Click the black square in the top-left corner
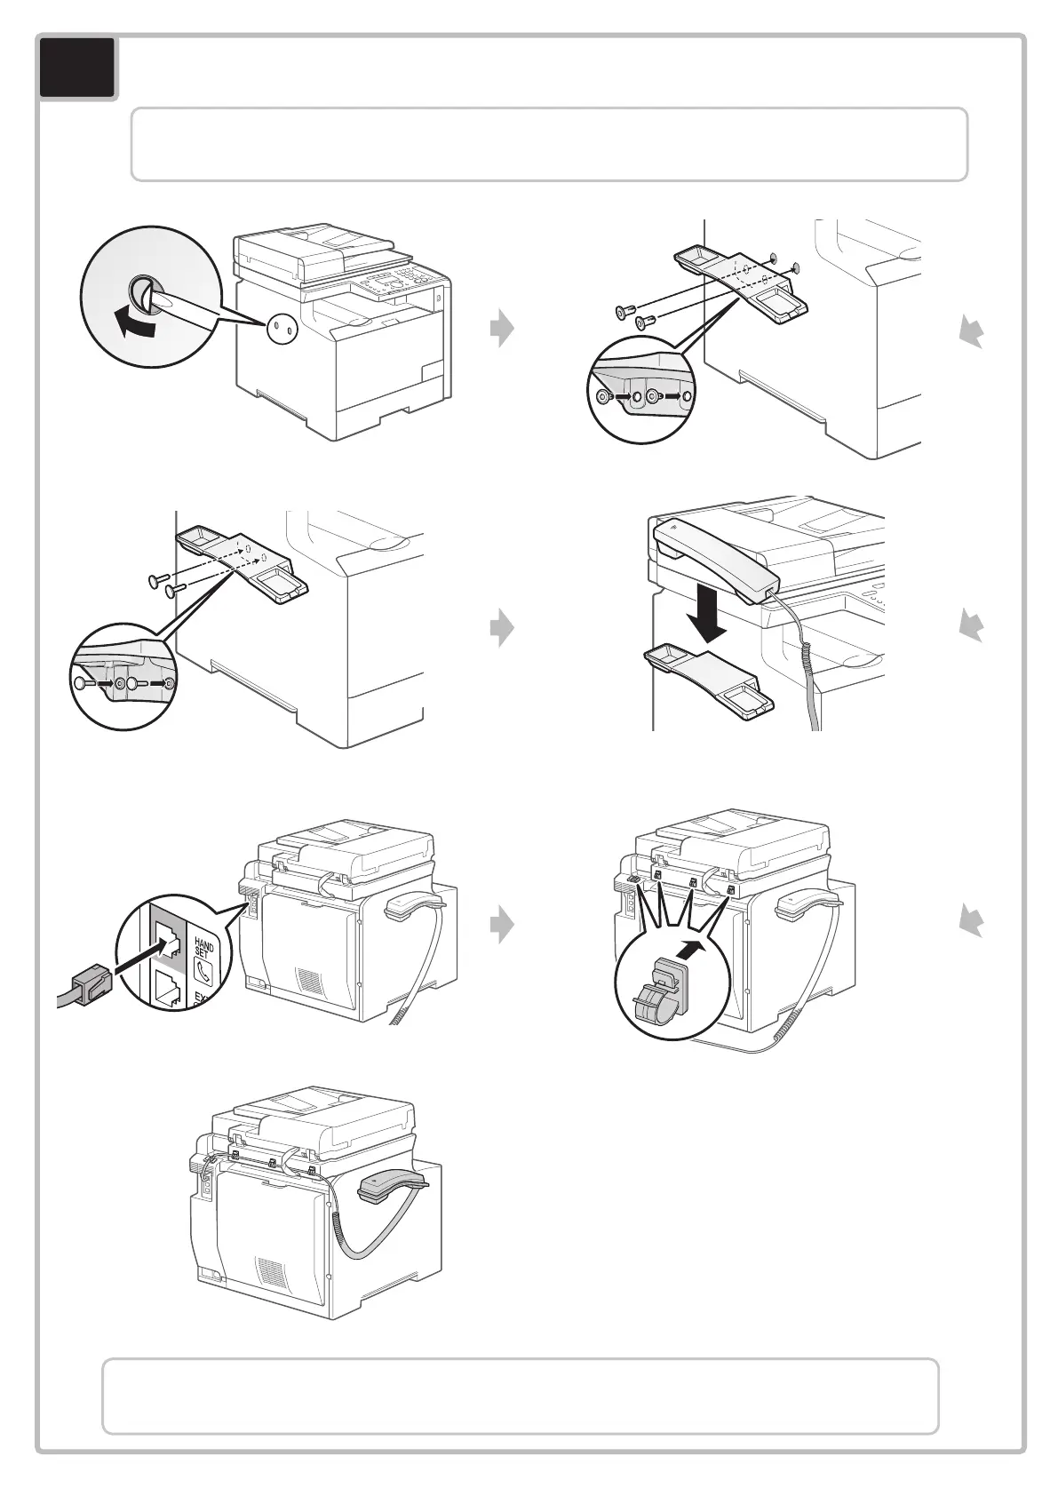77,67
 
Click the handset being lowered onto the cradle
714,561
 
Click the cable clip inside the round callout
662,993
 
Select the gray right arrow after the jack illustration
502,925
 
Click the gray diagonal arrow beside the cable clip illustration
972,924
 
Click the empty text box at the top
549,145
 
